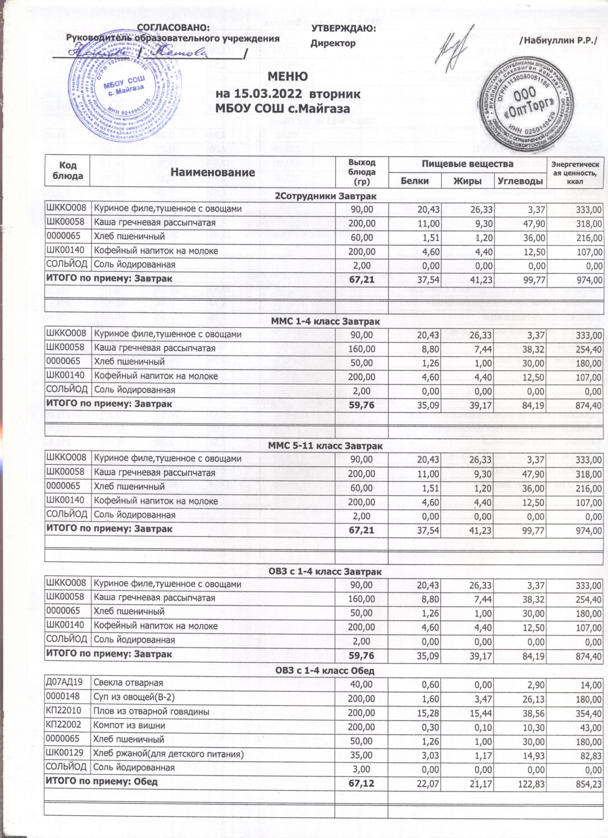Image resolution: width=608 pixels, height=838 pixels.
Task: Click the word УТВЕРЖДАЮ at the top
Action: [343, 28]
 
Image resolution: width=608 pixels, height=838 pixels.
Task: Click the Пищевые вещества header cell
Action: [467, 163]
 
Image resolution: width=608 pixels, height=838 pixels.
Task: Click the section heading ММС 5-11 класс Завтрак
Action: [325, 446]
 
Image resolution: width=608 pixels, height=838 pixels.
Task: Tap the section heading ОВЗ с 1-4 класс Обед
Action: [325, 671]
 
